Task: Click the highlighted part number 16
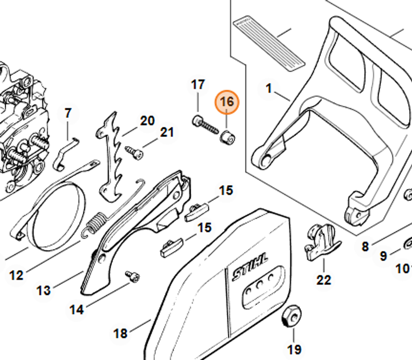pos(227,101)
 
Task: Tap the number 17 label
pos(198,85)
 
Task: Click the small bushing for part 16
pos(227,136)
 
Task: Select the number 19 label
pos(294,349)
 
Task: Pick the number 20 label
pos(147,121)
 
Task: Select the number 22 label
pos(323,280)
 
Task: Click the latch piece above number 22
pos(321,241)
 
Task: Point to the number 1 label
pos(269,88)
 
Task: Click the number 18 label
pos(120,333)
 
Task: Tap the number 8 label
pos(365,247)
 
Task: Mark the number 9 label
pos(383,256)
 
